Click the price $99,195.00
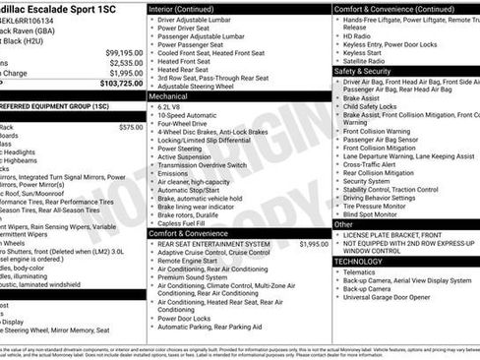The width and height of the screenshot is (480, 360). pos(124,52)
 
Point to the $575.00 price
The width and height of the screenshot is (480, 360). pos(131,127)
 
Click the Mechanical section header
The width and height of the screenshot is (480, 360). pos(169,97)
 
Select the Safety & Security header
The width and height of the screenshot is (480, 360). pos(363,71)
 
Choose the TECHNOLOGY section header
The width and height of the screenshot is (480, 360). pos(358,262)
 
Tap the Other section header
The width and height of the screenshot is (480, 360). pos(344,224)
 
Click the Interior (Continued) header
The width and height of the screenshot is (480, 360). pos(189,8)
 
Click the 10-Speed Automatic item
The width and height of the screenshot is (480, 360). pos(188,115)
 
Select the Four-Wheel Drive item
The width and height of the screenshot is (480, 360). pos(186,124)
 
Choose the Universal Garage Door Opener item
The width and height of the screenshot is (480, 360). pos(387,296)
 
